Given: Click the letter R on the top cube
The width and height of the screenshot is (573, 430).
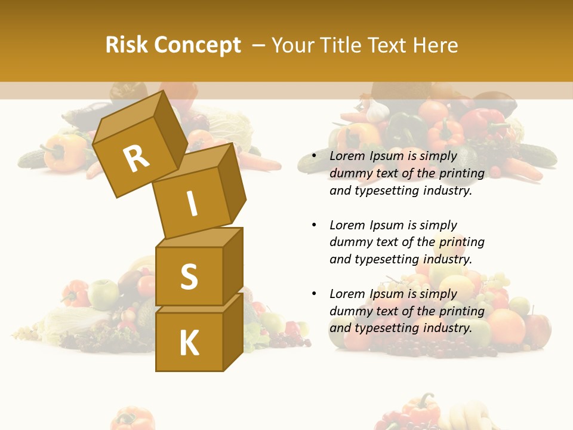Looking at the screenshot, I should [x=136, y=159].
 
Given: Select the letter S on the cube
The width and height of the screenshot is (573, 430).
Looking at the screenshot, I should [x=189, y=277].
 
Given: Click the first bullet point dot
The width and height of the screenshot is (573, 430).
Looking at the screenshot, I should [x=314, y=156].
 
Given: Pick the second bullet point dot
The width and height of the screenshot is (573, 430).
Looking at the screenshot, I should [x=314, y=225].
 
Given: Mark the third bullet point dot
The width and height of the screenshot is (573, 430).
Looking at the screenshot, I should [x=314, y=294].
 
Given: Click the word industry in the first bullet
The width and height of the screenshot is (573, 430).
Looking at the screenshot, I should [x=447, y=191].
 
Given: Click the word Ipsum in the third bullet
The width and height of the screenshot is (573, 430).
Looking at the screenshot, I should [x=387, y=294].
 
